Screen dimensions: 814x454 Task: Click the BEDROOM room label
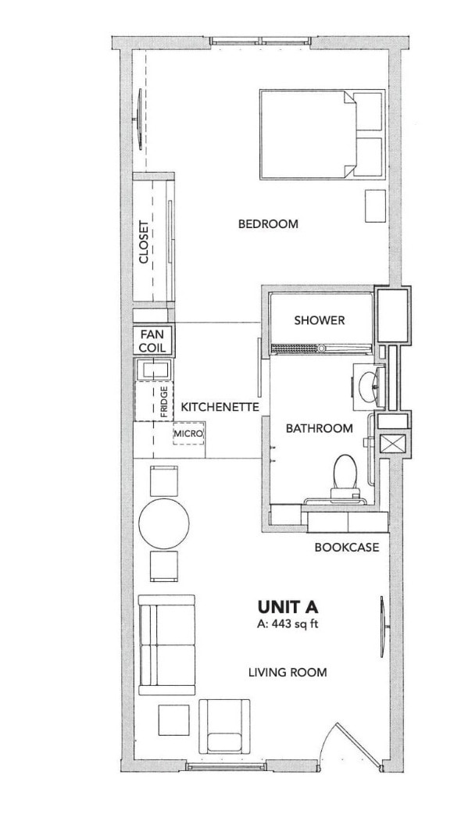tap(268, 224)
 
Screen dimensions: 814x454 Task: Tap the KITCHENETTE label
tap(220, 407)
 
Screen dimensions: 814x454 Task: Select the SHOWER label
tap(320, 320)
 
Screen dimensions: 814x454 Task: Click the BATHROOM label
tap(319, 428)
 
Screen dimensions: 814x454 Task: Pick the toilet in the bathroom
tap(344, 476)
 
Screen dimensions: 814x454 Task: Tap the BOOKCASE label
tap(347, 548)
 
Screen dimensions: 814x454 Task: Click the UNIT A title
tap(287, 606)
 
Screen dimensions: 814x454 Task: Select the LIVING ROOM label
tap(288, 672)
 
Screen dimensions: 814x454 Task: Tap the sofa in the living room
tap(166, 644)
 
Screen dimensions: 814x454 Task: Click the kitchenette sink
tap(152, 369)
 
